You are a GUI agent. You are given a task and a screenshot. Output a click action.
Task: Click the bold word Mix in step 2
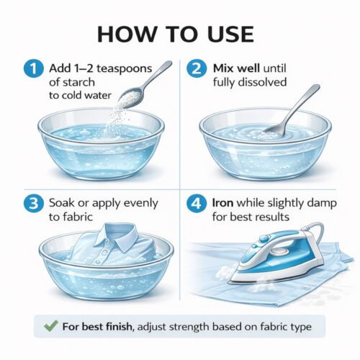pyautogui.click(x=225, y=68)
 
